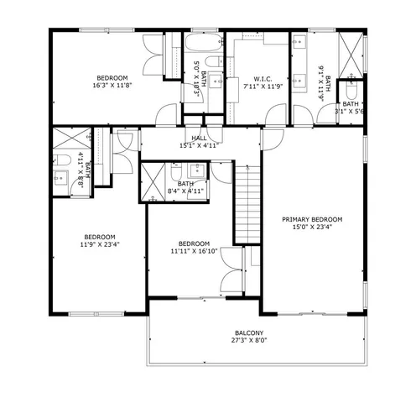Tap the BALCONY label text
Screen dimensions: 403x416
tap(249, 332)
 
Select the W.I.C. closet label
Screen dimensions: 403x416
tap(256, 76)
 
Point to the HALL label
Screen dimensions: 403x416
tap(198, 139)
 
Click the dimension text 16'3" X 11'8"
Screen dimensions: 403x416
tap(112, 85)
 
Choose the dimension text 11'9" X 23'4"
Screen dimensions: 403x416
tap(99, 245)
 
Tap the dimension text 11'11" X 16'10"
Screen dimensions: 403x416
tap(194, 249)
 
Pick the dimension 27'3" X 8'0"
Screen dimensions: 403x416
tap(249, 341)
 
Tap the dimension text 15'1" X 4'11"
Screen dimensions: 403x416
tap(198, 146)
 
